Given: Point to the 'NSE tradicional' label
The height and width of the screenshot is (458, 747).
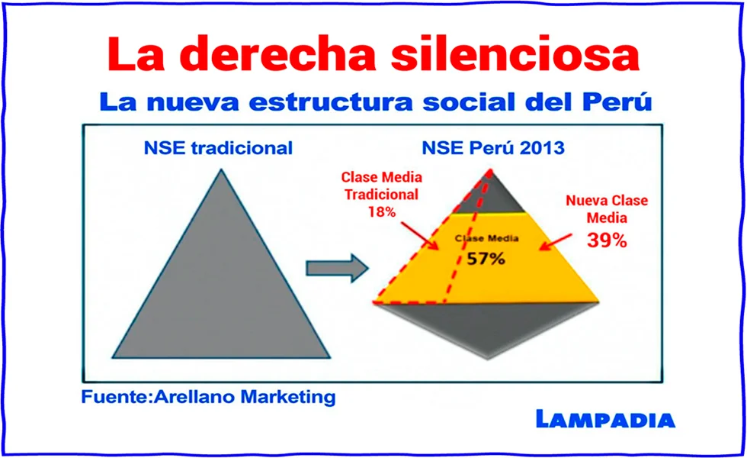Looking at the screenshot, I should tap(218, 148).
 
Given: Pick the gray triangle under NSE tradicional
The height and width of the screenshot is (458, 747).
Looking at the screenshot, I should tap(221, 290).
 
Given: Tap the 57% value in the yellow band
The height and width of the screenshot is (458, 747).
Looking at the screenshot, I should tap(486, 258).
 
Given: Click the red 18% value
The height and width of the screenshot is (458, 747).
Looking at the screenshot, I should tap(381, 211).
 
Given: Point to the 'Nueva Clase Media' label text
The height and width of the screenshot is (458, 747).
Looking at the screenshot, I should tap(607, 208).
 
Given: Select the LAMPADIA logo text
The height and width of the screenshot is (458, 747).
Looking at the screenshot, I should tap(604, 418).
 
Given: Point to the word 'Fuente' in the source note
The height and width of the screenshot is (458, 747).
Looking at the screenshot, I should tap(113, 397).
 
